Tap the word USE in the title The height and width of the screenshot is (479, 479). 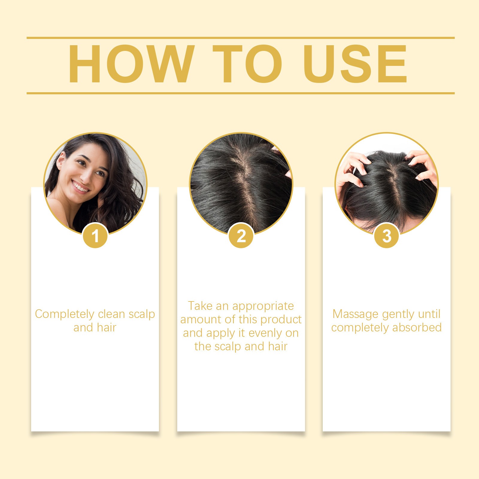coord(356,64)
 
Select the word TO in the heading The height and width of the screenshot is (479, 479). coord(247,64)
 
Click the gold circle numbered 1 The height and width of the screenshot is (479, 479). coord(95,236)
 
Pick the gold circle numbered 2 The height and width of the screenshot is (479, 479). coord(241,236)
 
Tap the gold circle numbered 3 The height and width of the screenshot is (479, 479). coord(387,236)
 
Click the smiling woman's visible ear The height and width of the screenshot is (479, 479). coord(61,162)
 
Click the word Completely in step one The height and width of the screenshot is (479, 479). coord(64,314)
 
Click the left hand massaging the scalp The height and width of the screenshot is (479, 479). coord(353,171)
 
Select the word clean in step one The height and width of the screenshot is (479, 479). coord(111,314)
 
